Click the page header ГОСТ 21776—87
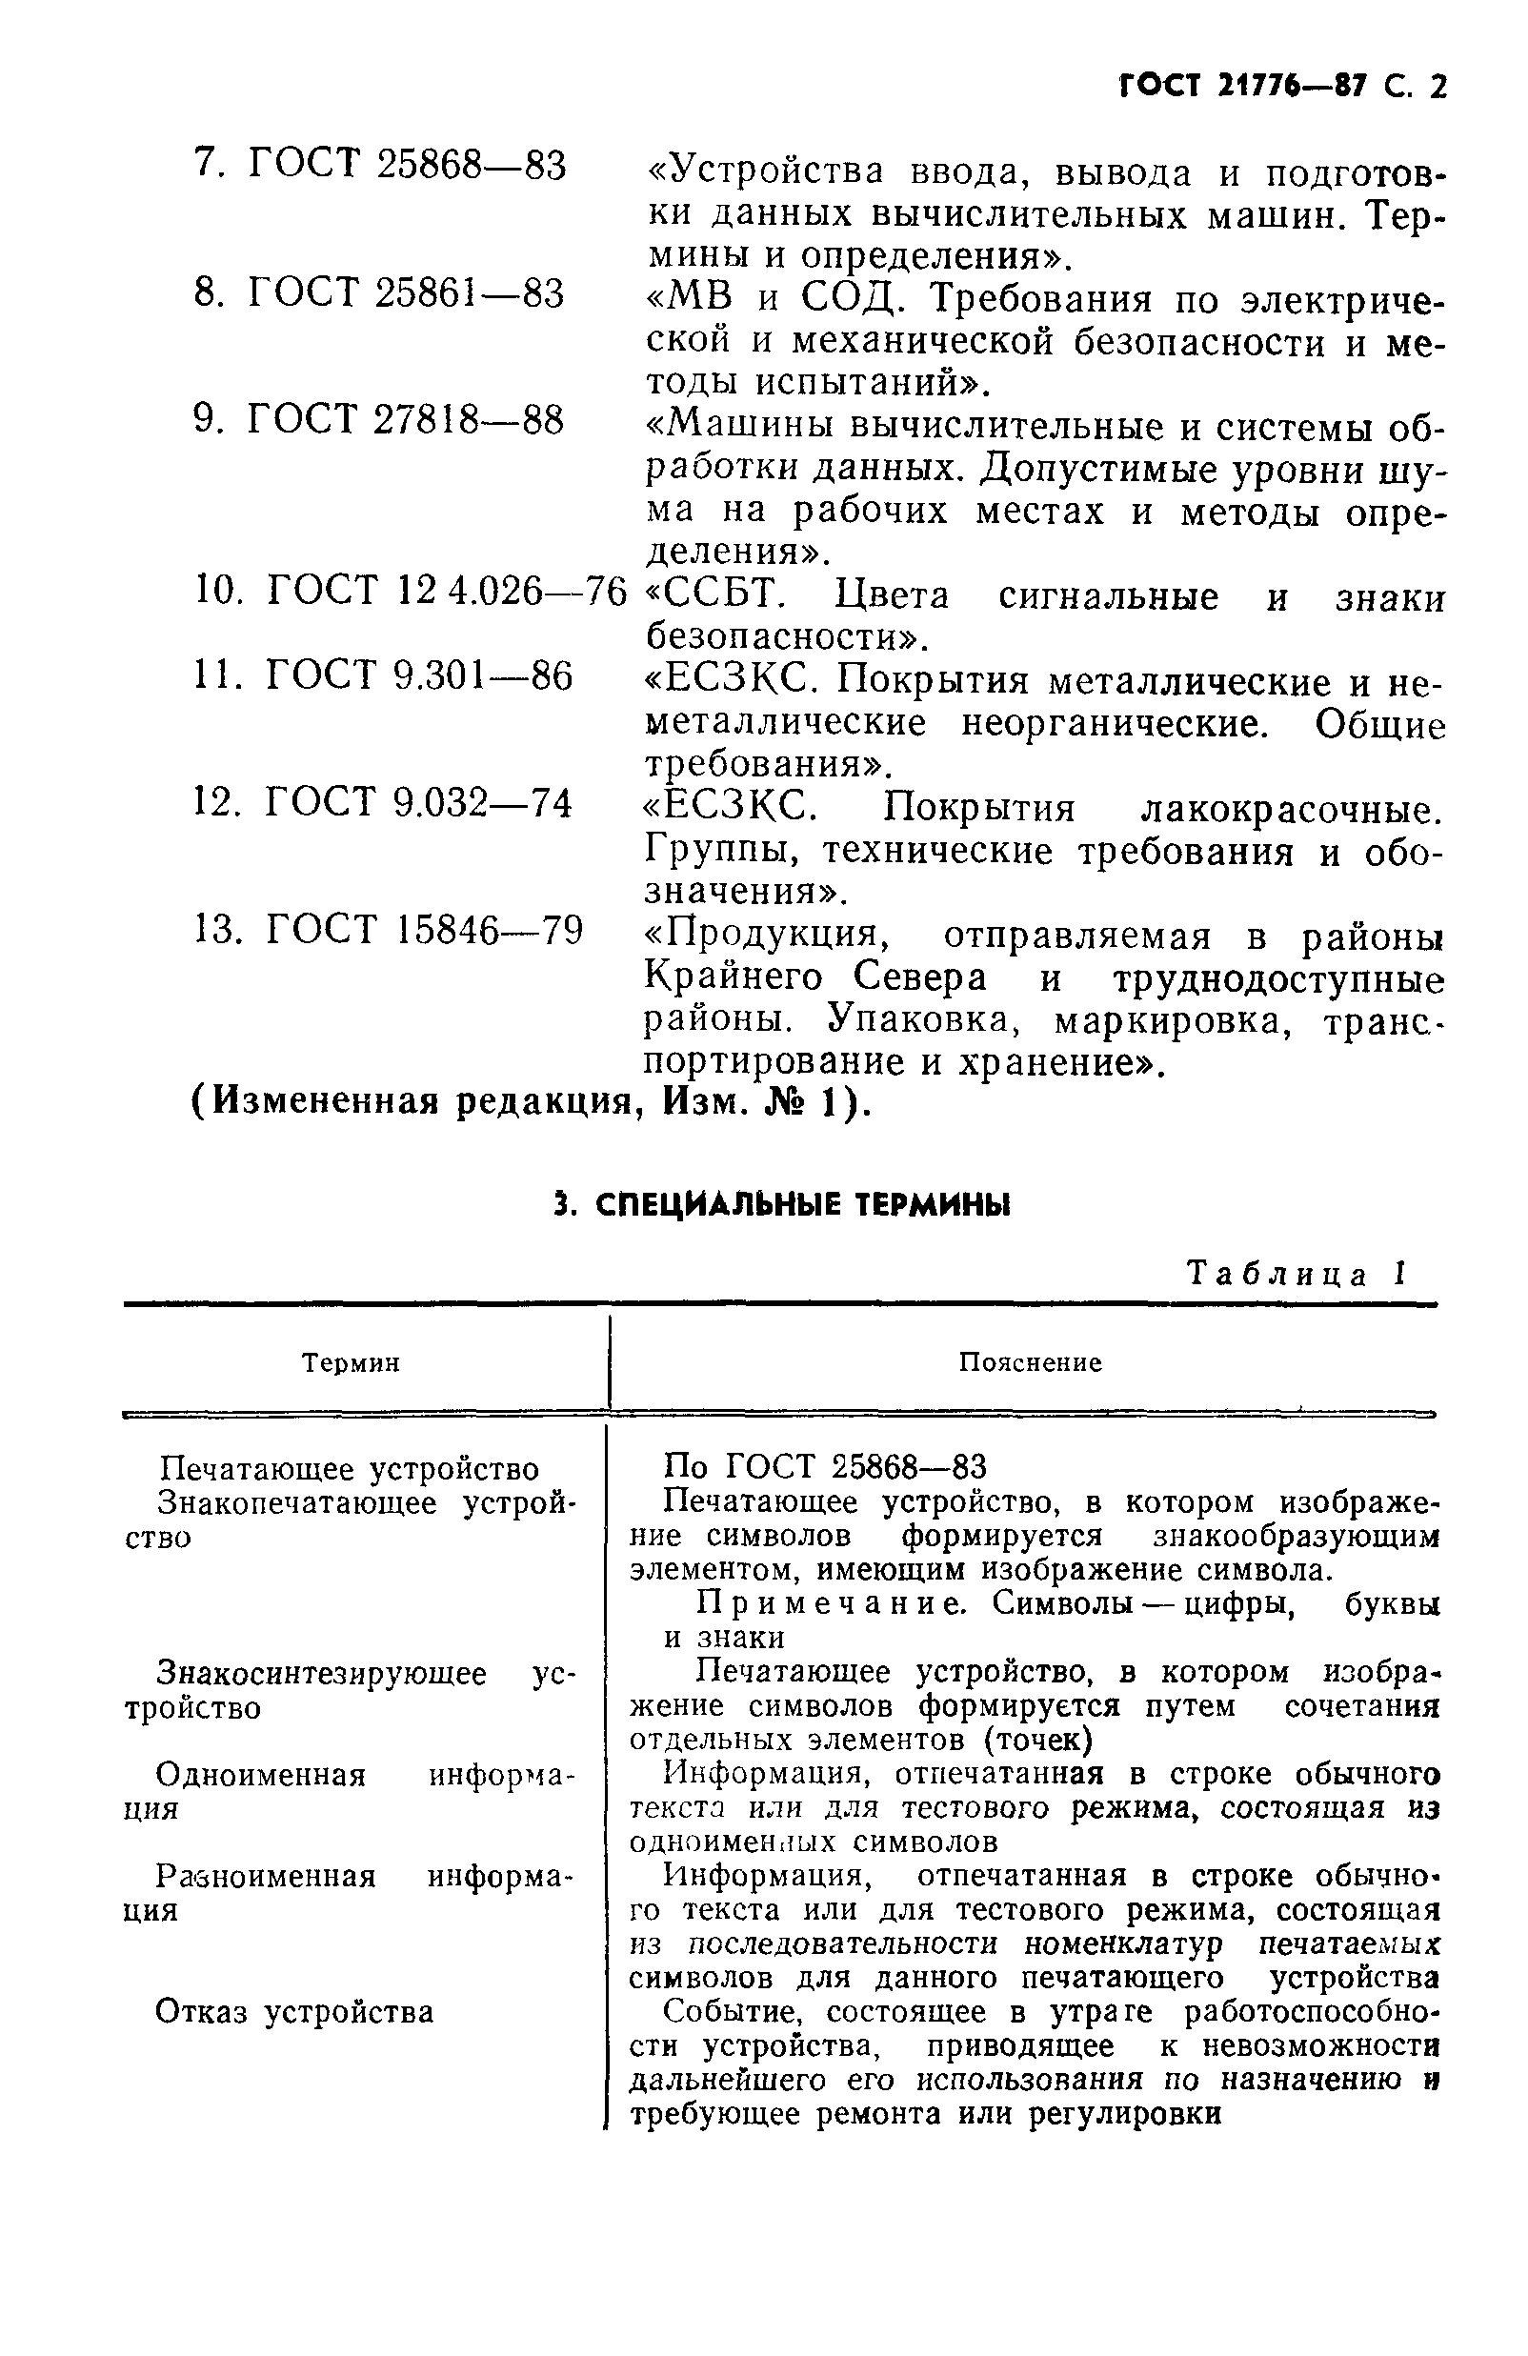tap(1242, 87)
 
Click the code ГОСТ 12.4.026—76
tap(448, 591)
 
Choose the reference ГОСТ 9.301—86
tap(418, 676)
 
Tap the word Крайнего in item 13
tap(734, 978)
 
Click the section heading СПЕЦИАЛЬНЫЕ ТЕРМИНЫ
tap(782, 1205)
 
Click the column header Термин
tap(351, 1363)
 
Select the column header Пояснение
tap(1029, 1363)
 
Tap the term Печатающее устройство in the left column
tap(349, 1468)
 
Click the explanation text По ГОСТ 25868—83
tap(824, 1465)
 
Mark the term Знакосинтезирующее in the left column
tap(322, 1673)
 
